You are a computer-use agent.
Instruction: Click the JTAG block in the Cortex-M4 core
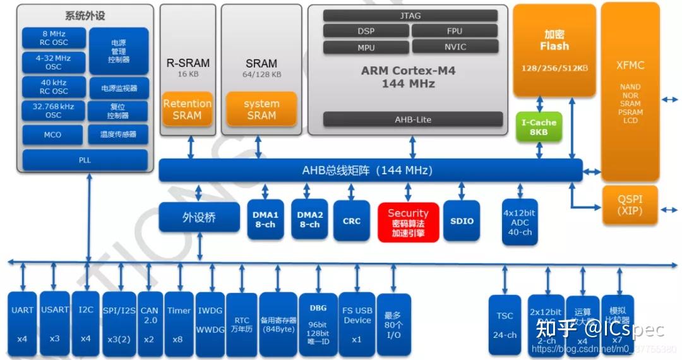point(410,16)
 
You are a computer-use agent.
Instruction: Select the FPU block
point(454,31)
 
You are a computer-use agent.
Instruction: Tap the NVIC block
point(455,47)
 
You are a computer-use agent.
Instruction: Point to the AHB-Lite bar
point(413,119)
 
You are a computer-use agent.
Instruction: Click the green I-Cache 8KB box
point(539,127)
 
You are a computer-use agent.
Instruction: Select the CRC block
point(352,220)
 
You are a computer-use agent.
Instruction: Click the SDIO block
point(462,220)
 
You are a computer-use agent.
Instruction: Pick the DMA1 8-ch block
point(265,220)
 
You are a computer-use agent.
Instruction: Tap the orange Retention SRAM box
point(187,109)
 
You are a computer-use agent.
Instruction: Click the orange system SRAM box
point(261,109)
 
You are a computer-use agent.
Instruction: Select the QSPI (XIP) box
point(630,205)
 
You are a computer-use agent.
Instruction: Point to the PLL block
point(85,160)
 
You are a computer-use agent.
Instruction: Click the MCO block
point(53,135)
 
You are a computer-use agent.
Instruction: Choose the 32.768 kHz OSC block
point(53,111)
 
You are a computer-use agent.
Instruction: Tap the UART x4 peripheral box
point(23,324)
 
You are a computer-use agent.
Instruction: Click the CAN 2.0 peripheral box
point(150,324)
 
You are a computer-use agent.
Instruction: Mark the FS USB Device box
point(357,324)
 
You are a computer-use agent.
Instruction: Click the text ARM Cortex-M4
point(408,71)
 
